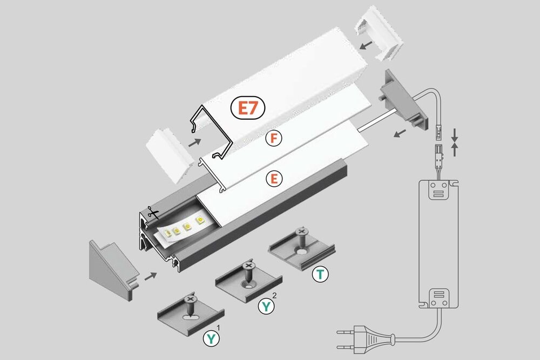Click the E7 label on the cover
click(x=248, y=108)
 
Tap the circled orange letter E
click(x=274, y=179)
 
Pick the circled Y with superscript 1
click(x=211, y=339)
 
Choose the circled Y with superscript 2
click(x=266, y=307)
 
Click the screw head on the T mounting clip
click(x=301, y=232)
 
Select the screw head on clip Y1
click(x=190, y=298)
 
